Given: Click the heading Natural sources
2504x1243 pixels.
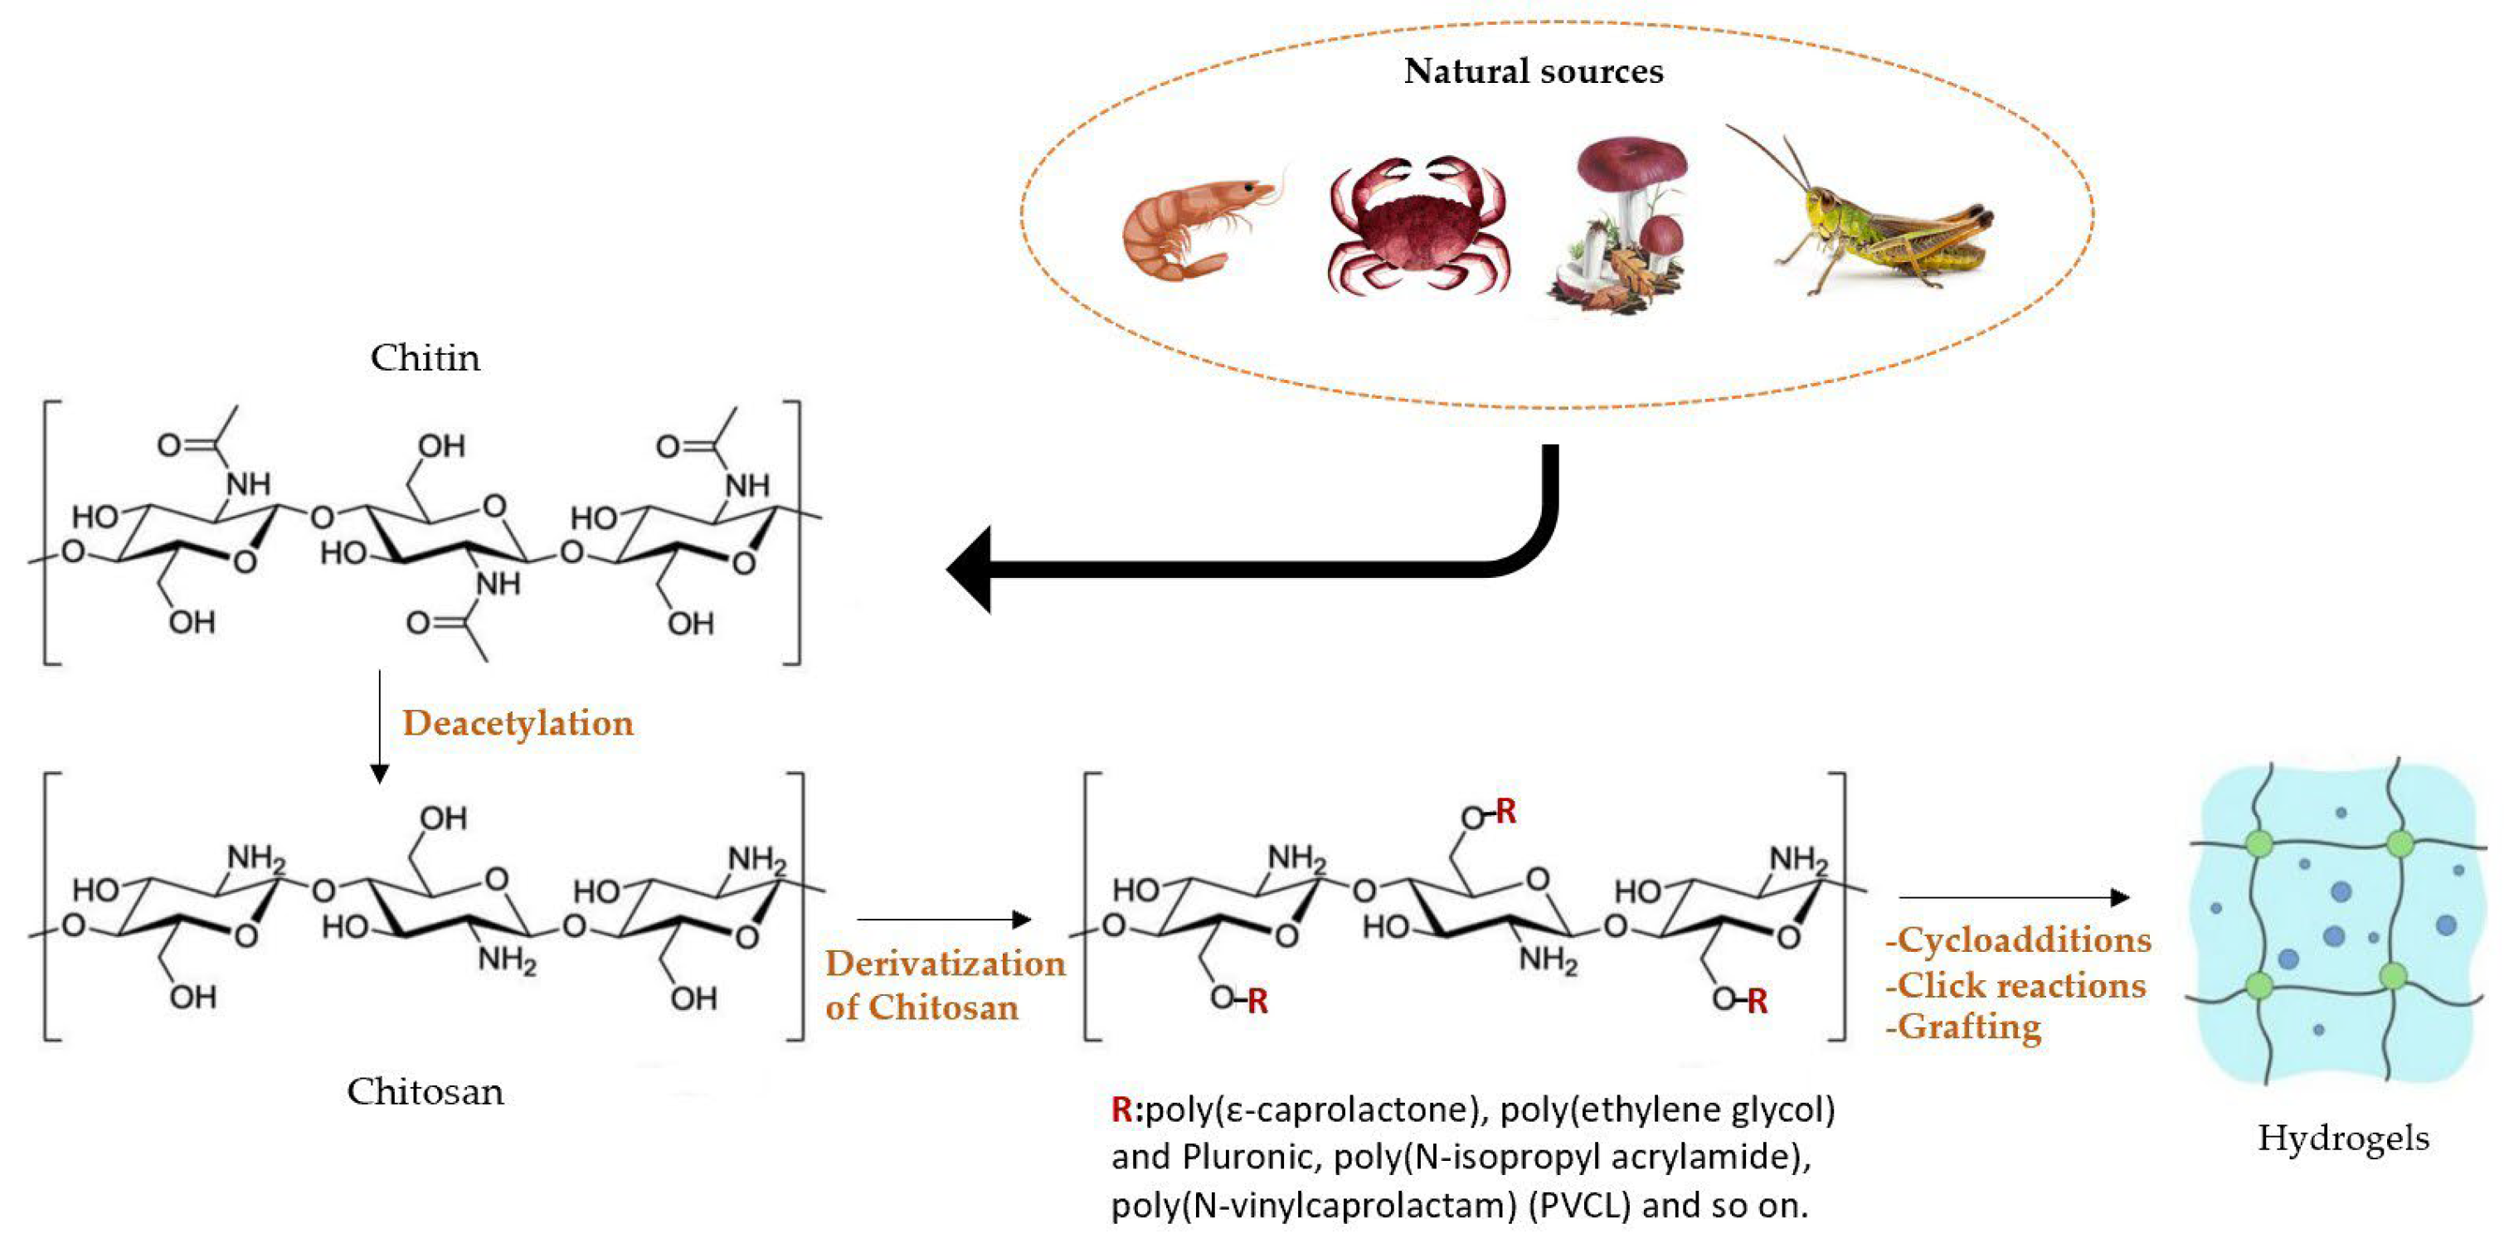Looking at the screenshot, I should point(1533,71).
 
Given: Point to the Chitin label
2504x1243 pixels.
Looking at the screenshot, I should point(425,357).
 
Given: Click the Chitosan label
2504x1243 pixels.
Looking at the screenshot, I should point(425,1091).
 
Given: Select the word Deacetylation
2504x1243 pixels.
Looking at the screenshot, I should point(518,723).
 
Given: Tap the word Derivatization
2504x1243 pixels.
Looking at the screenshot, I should point(945,963).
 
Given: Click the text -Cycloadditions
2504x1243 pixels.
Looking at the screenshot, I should point(2018,940).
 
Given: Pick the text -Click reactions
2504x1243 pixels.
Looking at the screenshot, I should point(2015,985).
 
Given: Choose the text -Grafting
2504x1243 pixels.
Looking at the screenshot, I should point(1963,1027).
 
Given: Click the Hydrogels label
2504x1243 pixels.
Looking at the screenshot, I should point(2342,1137).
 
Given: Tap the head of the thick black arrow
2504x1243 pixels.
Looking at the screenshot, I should point(972,570).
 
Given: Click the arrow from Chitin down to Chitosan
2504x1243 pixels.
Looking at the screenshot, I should point(380,724).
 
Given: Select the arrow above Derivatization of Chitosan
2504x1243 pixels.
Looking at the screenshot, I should point(943,919).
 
